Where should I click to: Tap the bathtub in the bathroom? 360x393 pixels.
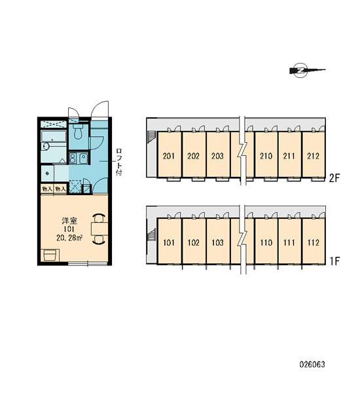coord(54,136)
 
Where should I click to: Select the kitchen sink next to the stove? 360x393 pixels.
coord(83,158)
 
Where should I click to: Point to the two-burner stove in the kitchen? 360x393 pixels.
coord(73,158)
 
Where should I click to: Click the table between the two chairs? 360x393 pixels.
coord(99,229)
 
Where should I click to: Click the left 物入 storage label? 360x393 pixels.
coord(47,189)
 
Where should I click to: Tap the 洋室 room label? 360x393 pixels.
coord(69,221)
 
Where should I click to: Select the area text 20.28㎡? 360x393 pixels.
coord(69,238)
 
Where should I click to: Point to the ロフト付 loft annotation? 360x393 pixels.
coord(118,162)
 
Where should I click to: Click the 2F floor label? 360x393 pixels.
coord(334,178)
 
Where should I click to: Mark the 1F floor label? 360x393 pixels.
coord(334,261)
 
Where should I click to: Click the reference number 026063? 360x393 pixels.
coord(312,364)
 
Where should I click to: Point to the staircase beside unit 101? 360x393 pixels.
coord(152,236)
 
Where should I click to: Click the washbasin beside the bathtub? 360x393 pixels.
coord(46,146)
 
